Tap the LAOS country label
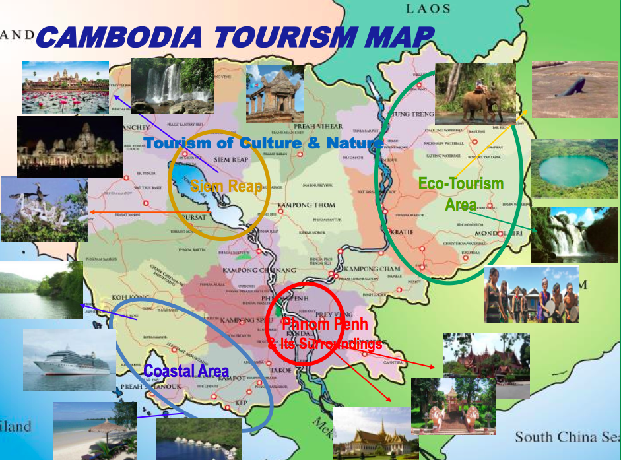[x=428, y=9]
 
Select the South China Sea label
[x=566, y=437]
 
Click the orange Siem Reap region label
[x=226, y=186]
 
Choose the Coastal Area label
[x=186, y=371]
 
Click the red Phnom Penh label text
[x=324, y=324]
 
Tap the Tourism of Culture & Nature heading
[x=263, y=143]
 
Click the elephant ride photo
[x=475, y=93]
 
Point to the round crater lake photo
[x=573, y=169]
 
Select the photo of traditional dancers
[x=531, y=295]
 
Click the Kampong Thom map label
[x=302, y=205]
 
